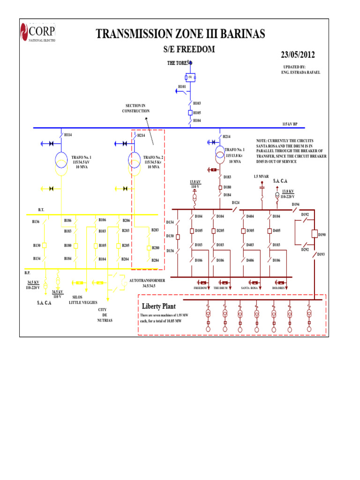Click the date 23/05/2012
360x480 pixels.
pos(298,55)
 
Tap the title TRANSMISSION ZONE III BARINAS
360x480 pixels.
pos(180,34)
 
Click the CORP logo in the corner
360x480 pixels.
pos(37,32)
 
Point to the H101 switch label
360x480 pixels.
pos(182,87)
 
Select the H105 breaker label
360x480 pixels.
pos(197,113)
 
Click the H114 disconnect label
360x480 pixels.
pos(68,135)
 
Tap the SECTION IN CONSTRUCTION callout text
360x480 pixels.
pos(136,108)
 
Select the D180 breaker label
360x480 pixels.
pos(227,187)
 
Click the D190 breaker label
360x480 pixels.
pos(322,234)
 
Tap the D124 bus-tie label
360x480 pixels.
pos(236,202)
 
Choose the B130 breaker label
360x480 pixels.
pos(37,246)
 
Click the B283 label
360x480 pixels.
pos(155,230)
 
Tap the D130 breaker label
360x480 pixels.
pos(170,236)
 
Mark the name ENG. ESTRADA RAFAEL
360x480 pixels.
pos(300,73)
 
